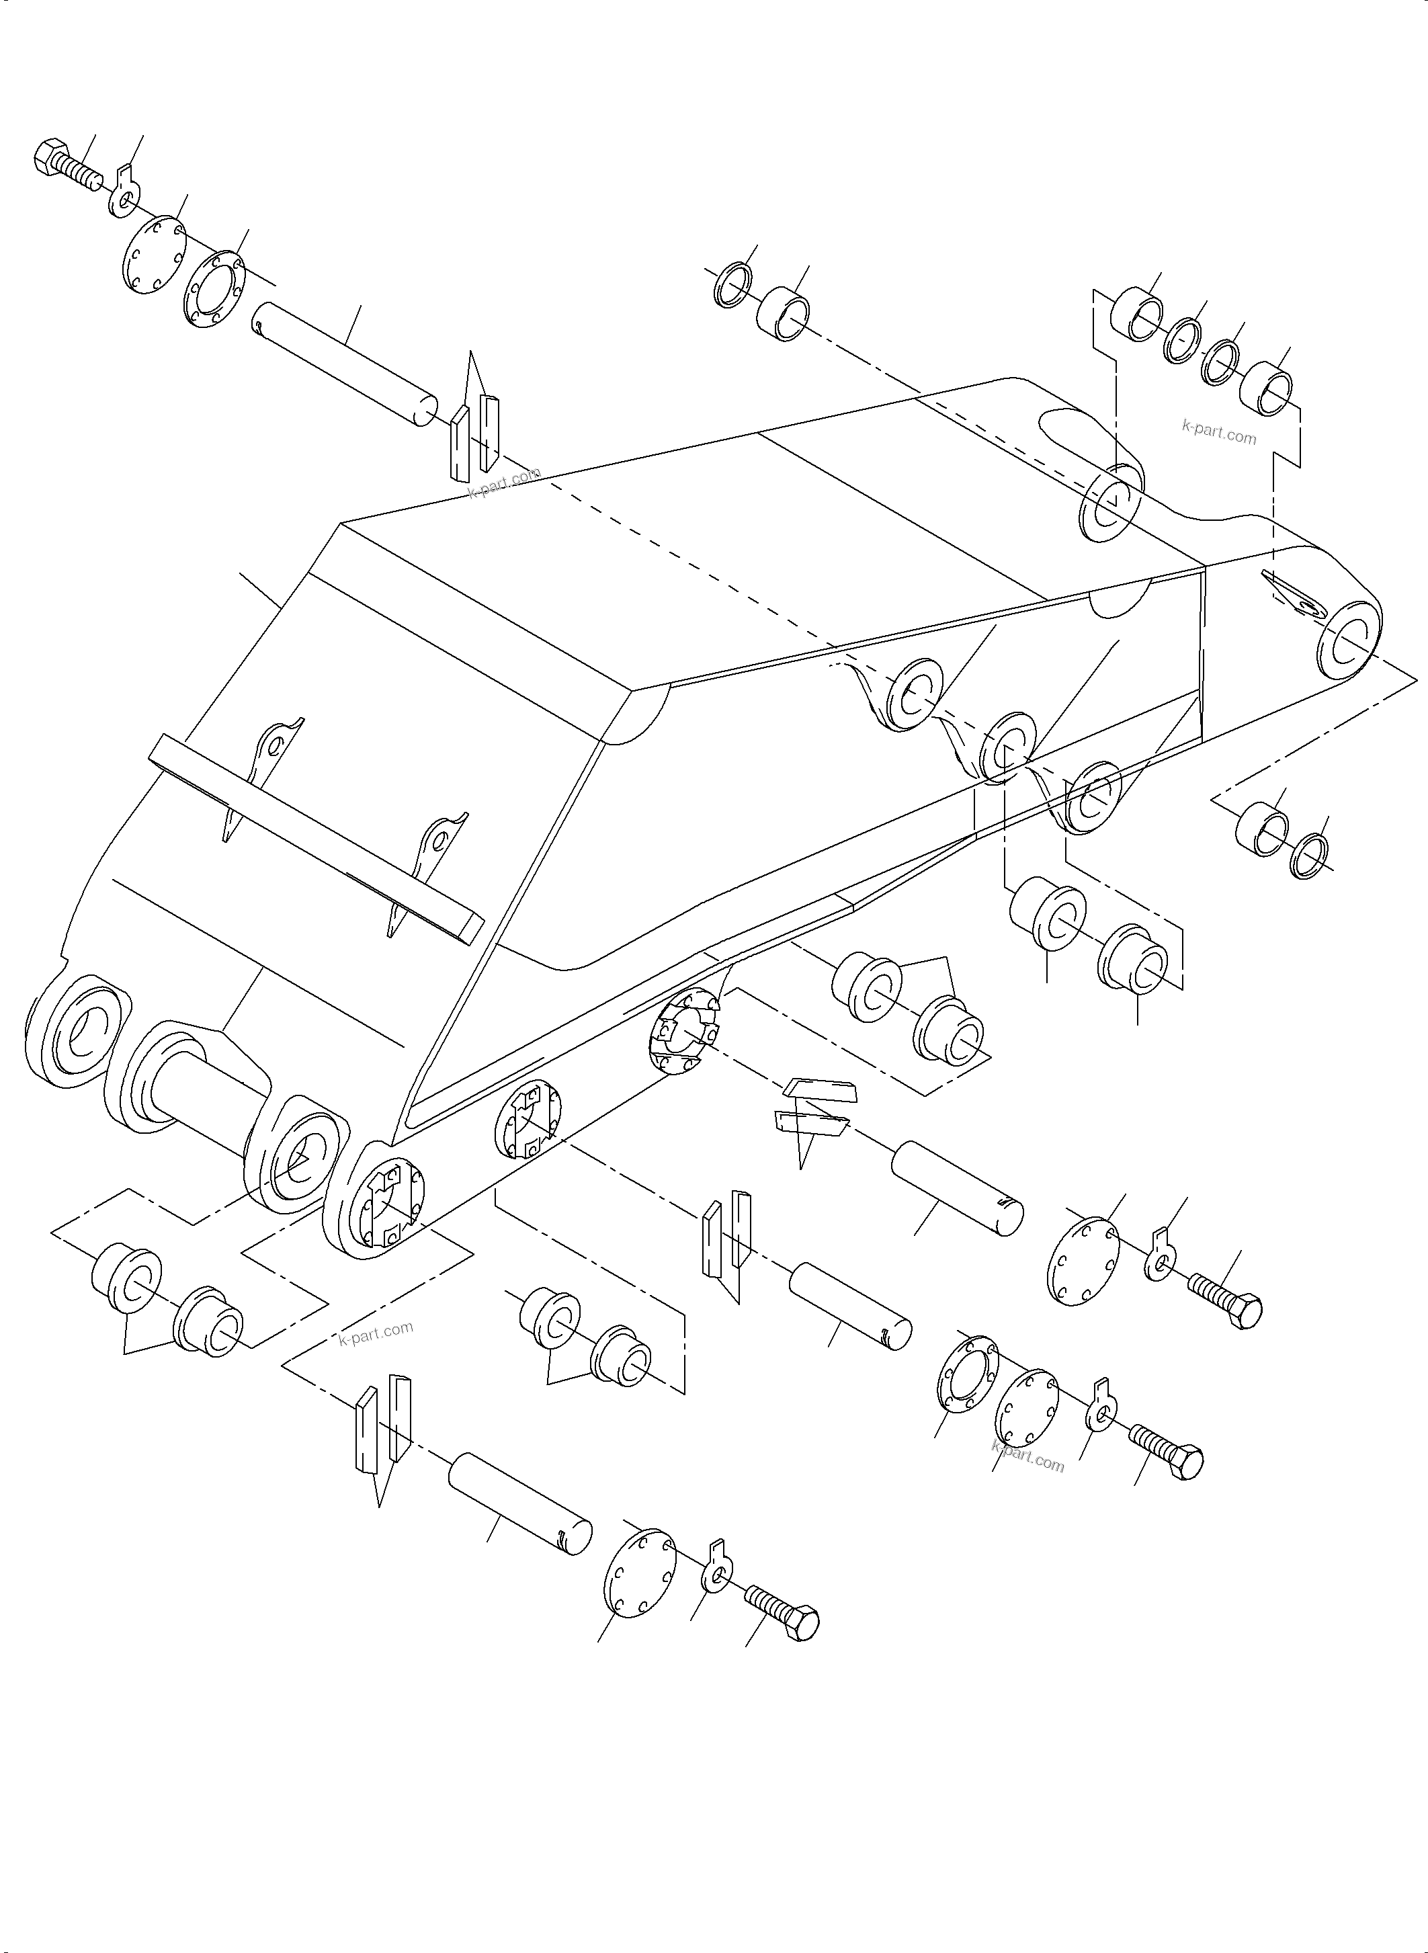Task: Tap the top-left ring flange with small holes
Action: coord(214,290)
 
